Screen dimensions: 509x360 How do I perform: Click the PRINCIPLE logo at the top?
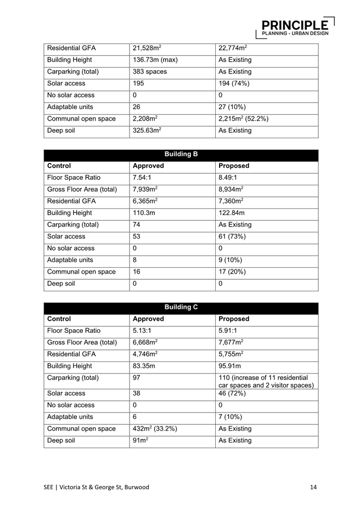[x=297, y=27]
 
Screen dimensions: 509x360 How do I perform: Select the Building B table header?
[x=181, y=154]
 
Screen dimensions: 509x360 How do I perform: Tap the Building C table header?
[x=181, y=307]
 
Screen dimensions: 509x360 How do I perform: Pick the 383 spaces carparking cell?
[x=150, y=72]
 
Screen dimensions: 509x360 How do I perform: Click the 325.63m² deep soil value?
[x=147, y=131]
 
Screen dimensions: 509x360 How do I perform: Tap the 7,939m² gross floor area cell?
[x=145, y=189]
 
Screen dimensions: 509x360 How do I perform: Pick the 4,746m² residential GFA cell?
[x=145, y=354]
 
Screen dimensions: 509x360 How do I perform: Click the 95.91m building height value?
[x=232, y=366]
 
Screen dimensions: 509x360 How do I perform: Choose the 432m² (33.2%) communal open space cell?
[x=155, y=428]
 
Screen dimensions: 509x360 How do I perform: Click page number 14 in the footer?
[x=313, y=487]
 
